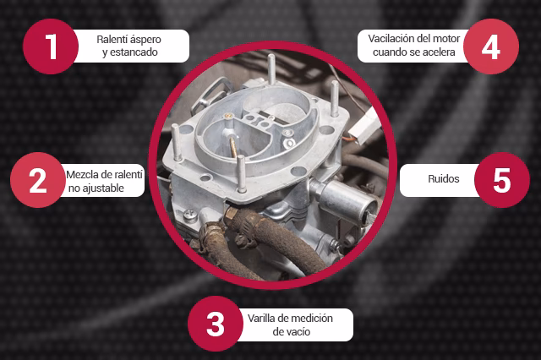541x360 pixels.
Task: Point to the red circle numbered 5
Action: click(x=502, y=180)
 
